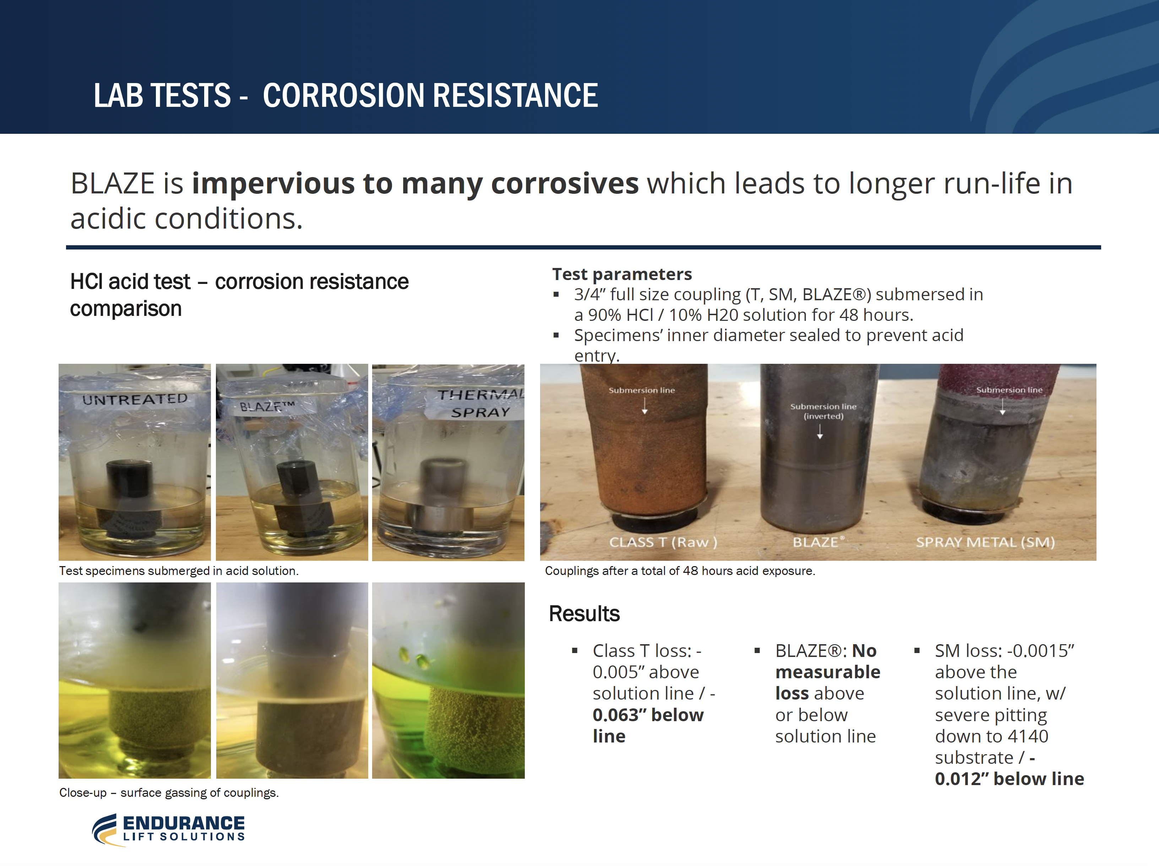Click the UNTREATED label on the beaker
tap(135, 400)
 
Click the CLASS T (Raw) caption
tap(663, 542)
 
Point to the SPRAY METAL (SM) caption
tap(985, 542)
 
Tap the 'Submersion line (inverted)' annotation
tap(823, 412)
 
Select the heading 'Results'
tap(584, 614)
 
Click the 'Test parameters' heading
tap(622, 274)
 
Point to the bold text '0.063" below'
tap(648, 715)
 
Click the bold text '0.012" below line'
tap(1009, 779)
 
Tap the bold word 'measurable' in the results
tap(828, 672)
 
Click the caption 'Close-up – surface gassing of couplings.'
tap(169, 793)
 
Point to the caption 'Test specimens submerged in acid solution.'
tap(179, 571)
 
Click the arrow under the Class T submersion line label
tap(644, 406)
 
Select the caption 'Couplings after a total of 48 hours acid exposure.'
tap(680, 571)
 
